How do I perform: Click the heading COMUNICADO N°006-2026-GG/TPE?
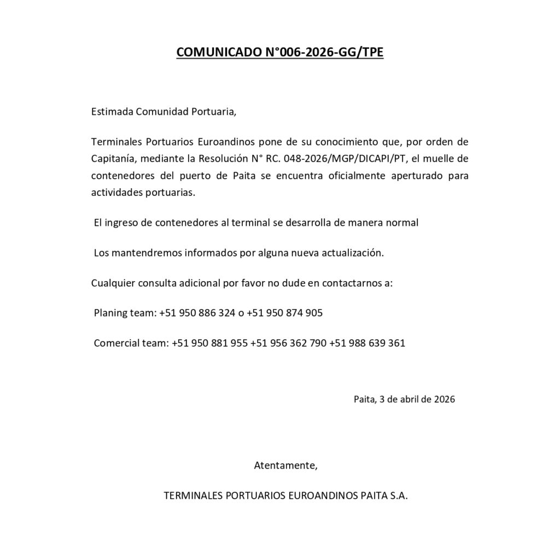[x=279, y=52]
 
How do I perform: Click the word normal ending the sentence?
[x=402, y=223]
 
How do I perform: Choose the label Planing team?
[x=125, y=313]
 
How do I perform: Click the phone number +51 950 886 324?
[x=196, y=313]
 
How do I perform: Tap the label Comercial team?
[x=131, y=343]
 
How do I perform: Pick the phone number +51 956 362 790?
[x=288, y=343]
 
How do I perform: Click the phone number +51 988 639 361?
[x=367, y=343]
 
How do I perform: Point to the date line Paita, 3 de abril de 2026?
[x=404, y=399]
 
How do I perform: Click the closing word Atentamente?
[x=285, y=466]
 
